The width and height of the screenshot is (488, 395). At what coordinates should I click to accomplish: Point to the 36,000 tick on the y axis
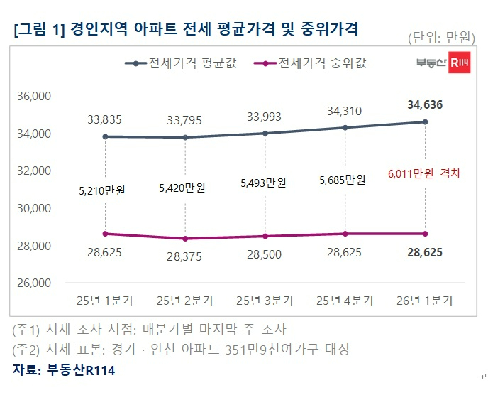click(35, 96)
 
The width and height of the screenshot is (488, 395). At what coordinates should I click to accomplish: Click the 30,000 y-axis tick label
click(35, 208)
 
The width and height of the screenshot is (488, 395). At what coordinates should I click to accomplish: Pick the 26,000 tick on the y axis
click(35, 283)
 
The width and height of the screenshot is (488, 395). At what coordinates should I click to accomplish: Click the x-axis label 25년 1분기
click(105, 301)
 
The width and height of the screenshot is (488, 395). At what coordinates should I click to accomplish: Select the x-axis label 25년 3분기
click(265, 301)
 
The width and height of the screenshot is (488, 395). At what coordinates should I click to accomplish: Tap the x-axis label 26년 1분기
click(425, 301)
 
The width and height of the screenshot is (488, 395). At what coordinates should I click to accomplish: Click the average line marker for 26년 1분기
click(425, 122)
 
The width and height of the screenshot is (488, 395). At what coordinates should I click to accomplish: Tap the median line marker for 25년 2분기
click(185, 239)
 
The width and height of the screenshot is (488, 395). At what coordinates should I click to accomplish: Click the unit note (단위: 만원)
click(440, 37)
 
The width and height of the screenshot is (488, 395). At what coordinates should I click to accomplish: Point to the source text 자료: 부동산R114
click(64, 370)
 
